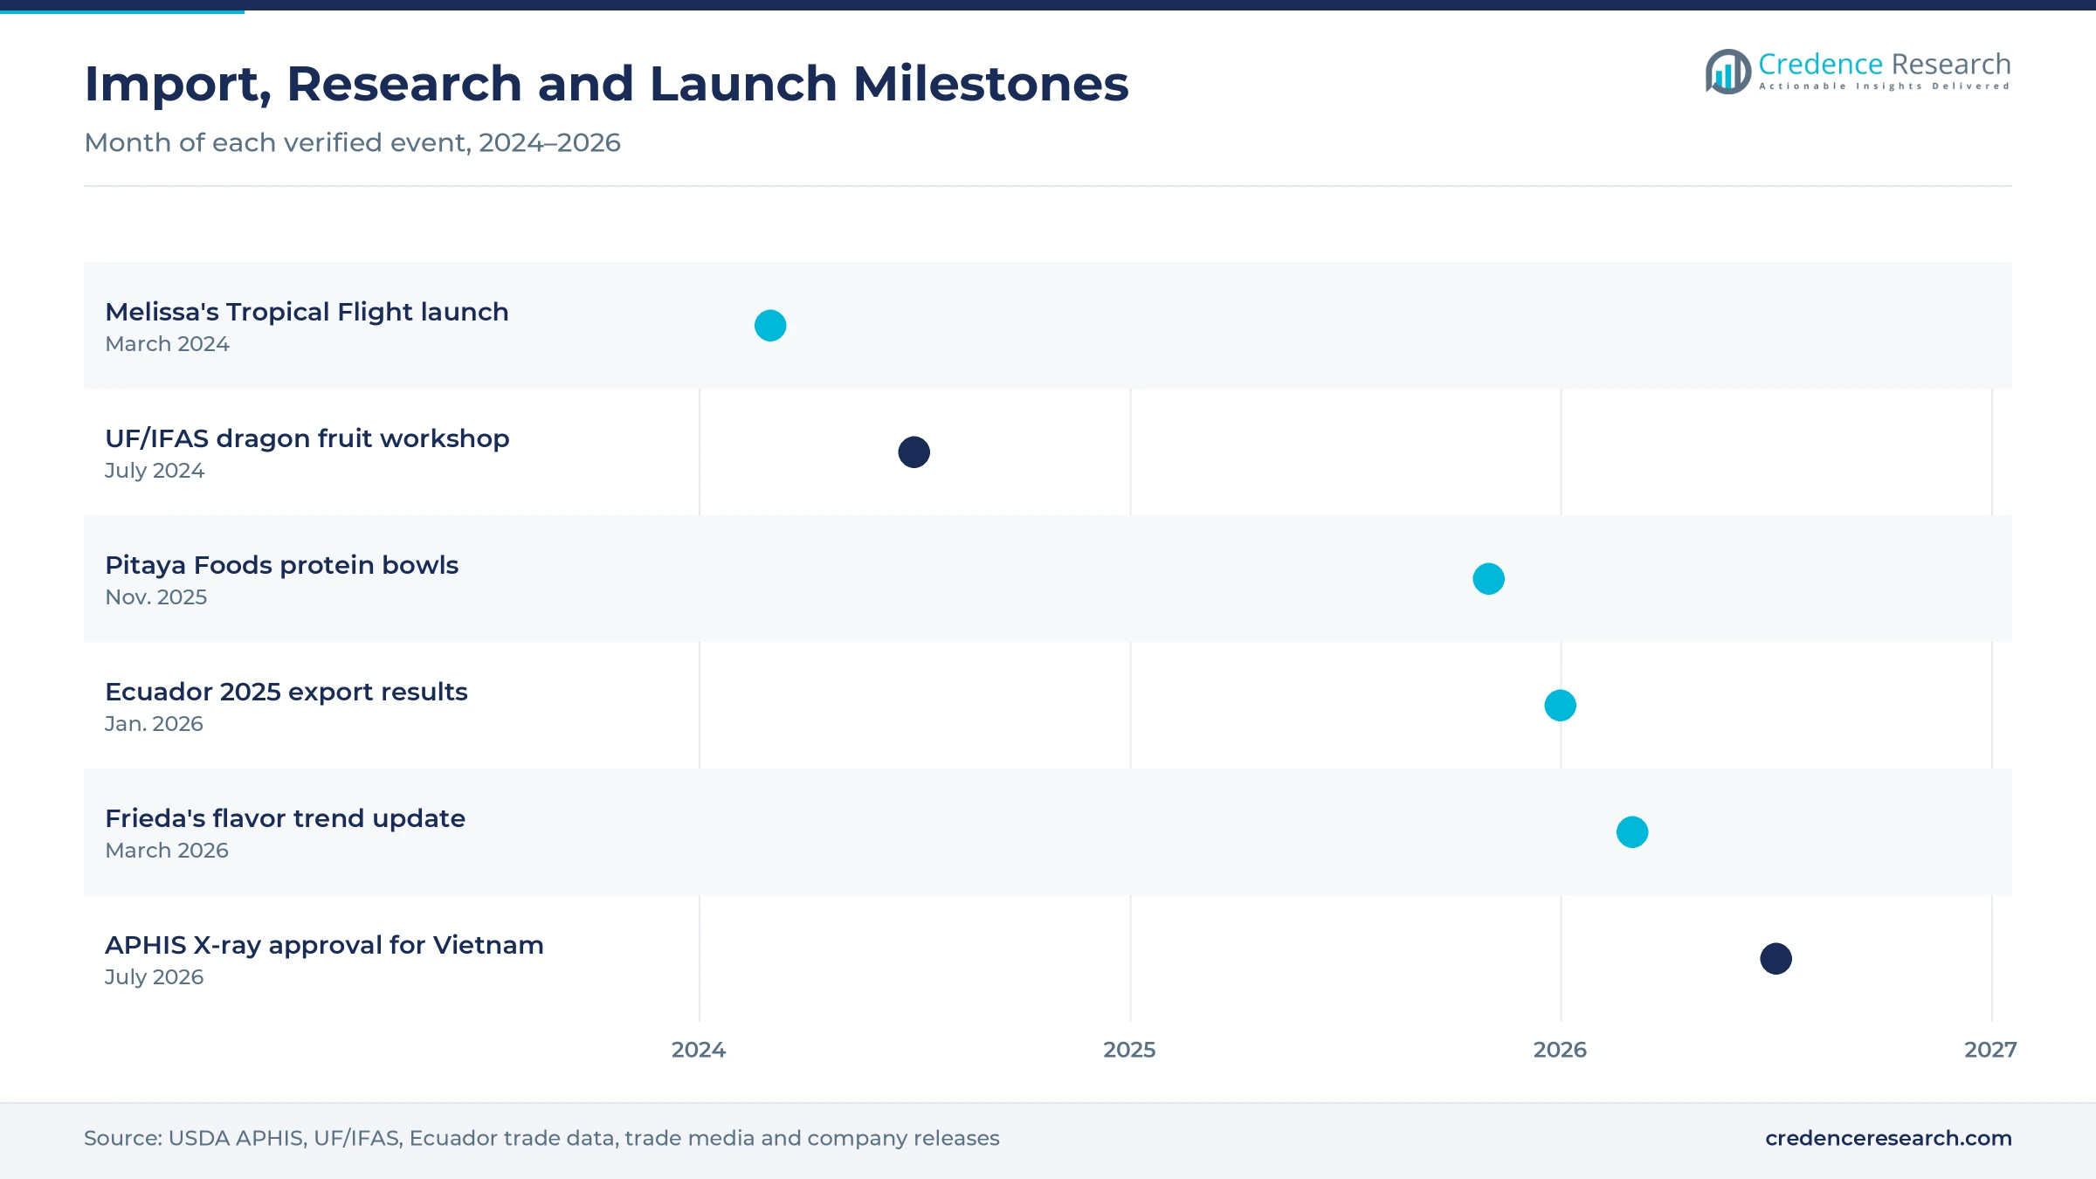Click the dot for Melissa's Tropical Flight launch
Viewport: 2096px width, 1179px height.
[770, 326]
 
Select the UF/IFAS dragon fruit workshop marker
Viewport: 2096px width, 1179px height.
[914, 452]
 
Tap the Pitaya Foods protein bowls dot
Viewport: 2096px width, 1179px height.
[1489, 579]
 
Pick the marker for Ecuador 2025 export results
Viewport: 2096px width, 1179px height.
[1561, 706]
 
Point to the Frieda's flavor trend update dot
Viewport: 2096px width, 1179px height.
[1632, 832]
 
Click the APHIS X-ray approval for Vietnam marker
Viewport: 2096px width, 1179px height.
[1776, 959]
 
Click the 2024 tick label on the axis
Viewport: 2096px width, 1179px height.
[699, 1050]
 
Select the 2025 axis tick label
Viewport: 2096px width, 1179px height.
[1129, 1050]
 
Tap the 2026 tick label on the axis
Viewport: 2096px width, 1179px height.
[1560, 1050]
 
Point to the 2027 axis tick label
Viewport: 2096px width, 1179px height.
[1990, 1050]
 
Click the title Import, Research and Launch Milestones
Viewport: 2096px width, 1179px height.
[606, 85]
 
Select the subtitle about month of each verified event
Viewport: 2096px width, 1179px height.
[352, 142]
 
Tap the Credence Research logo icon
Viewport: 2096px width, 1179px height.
[1727, 72]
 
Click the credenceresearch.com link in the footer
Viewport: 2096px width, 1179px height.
[1888, 1138]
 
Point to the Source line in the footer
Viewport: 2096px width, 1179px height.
[541, 1138]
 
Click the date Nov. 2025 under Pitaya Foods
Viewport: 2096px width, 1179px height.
[156, 597]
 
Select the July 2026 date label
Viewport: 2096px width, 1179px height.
[154, 977]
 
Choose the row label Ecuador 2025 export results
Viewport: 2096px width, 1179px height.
[286, 692]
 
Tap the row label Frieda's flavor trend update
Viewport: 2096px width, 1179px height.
[285, 818]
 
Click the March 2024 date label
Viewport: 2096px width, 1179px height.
[167, 344]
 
